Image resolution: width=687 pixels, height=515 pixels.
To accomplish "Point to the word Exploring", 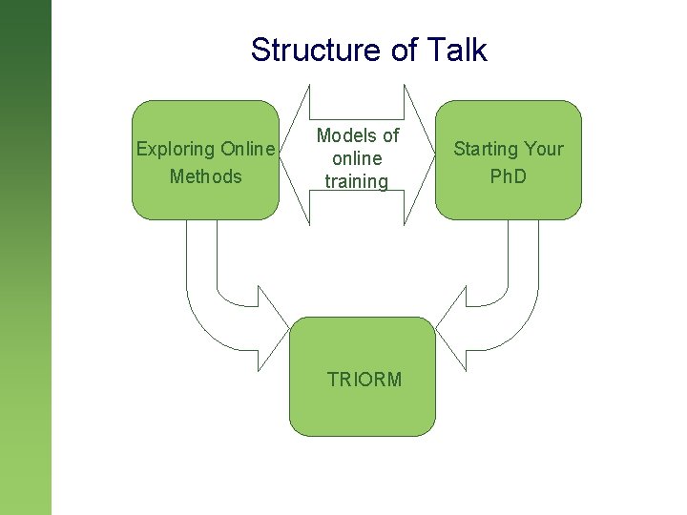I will [x=176, y=149].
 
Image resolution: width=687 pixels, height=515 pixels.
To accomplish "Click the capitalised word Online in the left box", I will [x=247, y=149].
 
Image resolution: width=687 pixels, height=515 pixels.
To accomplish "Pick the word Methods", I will [x=205, y=176].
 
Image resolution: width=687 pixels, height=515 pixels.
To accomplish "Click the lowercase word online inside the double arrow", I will [x=357, y=158].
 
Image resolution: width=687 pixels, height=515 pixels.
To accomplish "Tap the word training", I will [x=357, y=181].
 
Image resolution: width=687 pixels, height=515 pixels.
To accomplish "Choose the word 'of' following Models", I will [x=390, y=135].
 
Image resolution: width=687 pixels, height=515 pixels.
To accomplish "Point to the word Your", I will [x=544, y=149].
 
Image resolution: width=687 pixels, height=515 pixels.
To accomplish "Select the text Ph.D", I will [x=508, y=176].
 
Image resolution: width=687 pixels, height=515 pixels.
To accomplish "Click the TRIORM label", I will [x=364, y=380].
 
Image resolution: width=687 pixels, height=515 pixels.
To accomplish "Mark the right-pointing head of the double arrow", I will [x=419, y=157].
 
